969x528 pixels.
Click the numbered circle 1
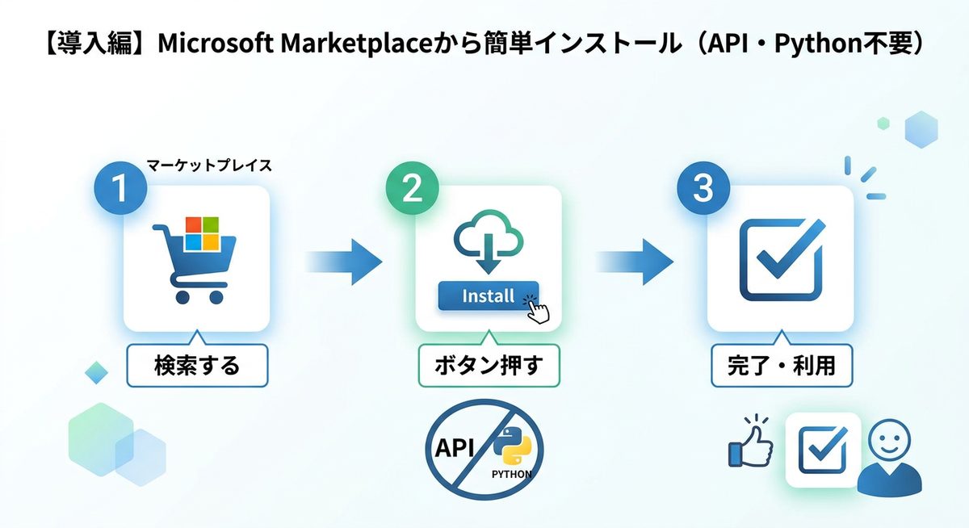coord(120,188)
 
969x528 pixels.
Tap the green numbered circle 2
coord(412,188)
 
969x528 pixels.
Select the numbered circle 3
coord(703,188)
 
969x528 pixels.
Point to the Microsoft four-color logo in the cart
coord(203,233)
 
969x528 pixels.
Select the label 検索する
coord(197,366)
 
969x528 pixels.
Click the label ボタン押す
coord(488,366)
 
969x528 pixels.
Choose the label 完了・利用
coord(780,366)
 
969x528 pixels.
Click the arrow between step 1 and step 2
coord(343,261)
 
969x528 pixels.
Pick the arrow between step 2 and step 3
coord(635,261)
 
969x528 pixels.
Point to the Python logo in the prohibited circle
coord(512,446)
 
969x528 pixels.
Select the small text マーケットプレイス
coord(209,166)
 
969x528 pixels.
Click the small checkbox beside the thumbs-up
coord(822,450)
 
